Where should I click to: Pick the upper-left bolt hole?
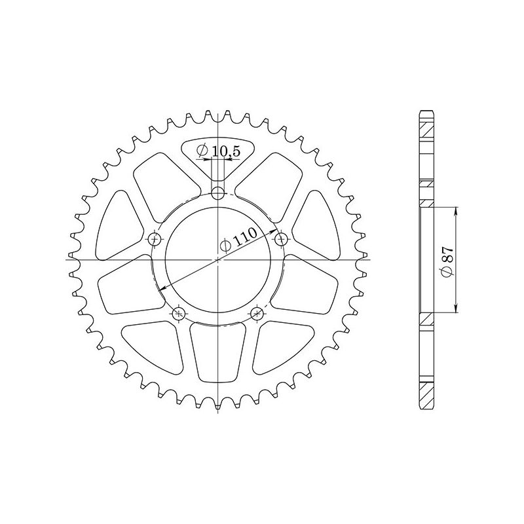pyautogui.click(x=155, y=237)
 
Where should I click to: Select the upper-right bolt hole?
pyautogui.click(x=281, y=237)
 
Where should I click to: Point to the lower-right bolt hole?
pyautogui.click(x=257, y=314)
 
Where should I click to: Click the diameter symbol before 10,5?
pyautogui.click(x=202, y=151)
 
